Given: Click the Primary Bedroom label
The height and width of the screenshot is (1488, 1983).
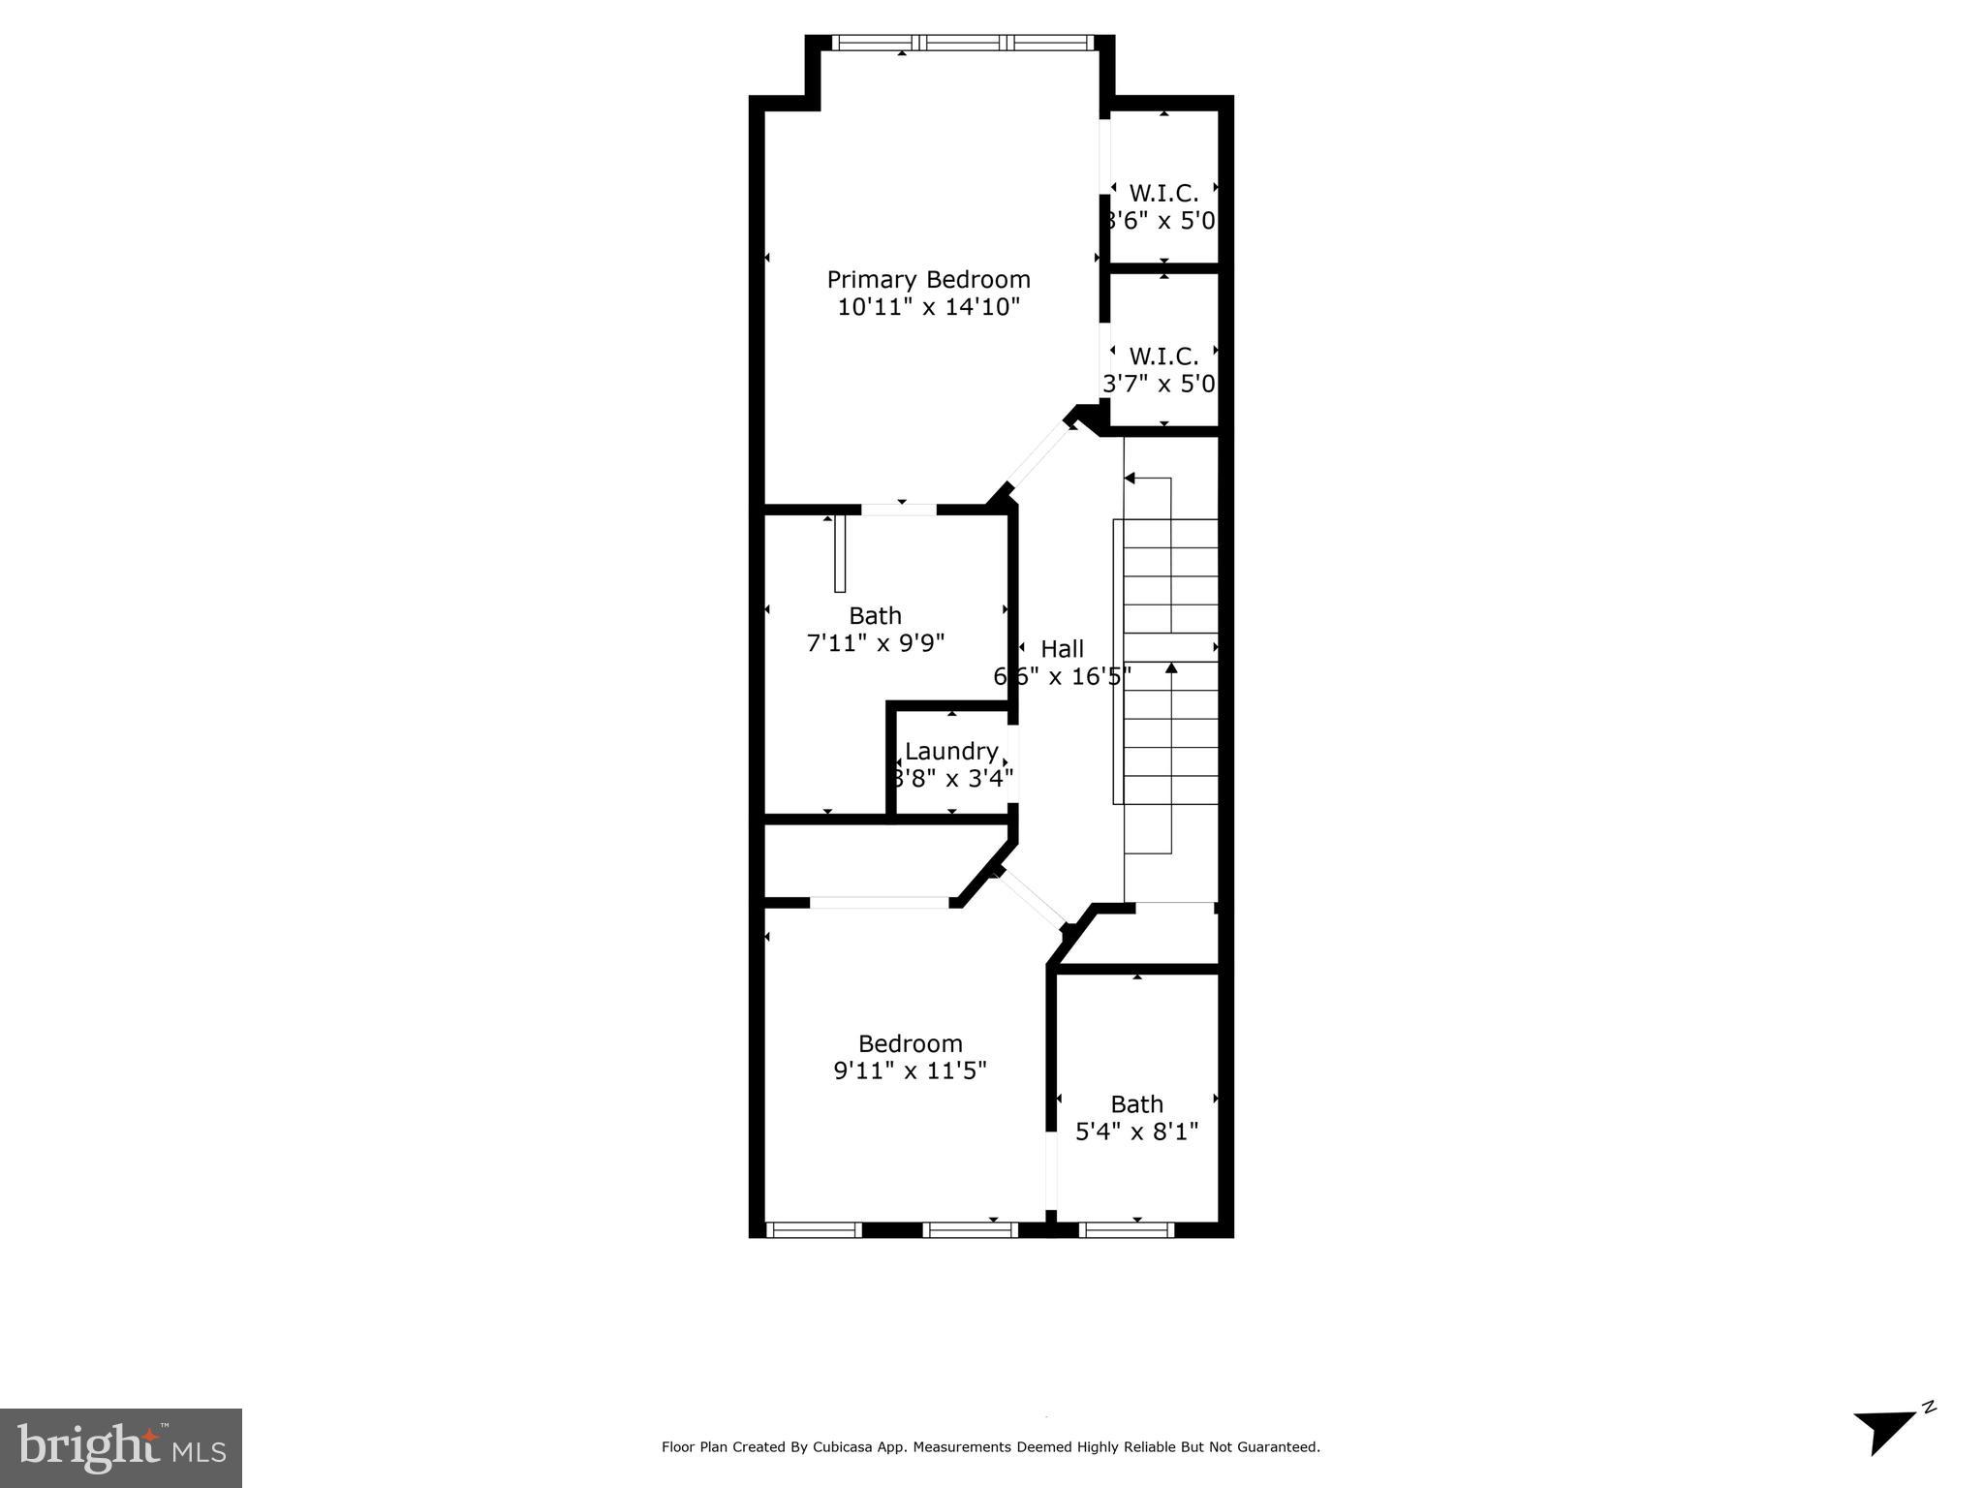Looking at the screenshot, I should pos(928,280).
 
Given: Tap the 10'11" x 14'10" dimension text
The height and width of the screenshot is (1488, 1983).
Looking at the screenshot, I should pos(928,308).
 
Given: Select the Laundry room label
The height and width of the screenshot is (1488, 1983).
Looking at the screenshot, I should pos(951,751).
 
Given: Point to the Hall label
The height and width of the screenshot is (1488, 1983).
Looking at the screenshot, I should pos(1062,649).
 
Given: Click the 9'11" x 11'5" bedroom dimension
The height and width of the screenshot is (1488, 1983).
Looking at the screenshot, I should pos(910,1071).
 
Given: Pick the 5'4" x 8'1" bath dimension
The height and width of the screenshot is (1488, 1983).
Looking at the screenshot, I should pos(1136,1131).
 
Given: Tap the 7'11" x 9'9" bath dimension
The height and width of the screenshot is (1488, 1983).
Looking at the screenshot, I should pos(875,643).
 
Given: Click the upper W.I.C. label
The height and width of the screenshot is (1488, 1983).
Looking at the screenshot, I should pos(1163,194).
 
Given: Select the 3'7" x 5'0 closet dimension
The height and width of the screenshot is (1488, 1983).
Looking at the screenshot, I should pos(1159,385).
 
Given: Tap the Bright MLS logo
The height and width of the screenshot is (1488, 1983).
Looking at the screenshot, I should pos(121,1447).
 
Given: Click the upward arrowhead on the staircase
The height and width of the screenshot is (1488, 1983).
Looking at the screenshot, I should pos(1171,667).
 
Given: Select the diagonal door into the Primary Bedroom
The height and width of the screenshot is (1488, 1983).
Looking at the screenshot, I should pos(1038,457).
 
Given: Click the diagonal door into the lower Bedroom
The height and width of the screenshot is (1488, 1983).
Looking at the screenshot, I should pos(1032,899).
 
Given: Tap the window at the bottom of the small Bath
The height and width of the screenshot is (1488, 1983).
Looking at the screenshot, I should pos(1126,1230).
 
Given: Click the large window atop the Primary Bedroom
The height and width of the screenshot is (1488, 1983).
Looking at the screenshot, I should pos(963,43).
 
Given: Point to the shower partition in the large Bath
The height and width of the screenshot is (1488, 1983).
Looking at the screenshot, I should pos(840,553).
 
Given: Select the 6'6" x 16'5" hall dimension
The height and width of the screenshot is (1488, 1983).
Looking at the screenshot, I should pos(1062,676).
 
